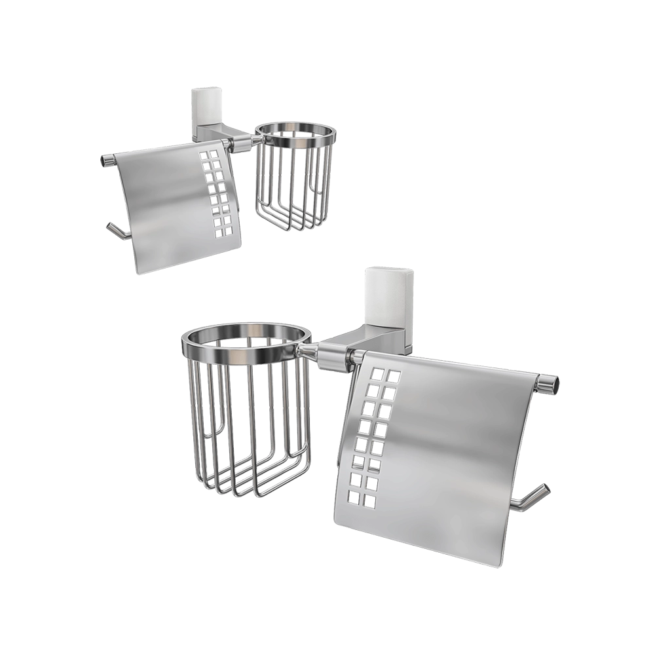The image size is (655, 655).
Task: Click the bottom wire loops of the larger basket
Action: click(255, 485)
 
